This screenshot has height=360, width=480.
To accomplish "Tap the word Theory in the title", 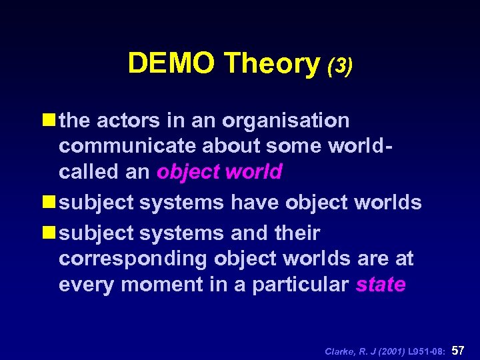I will tap(272, 63).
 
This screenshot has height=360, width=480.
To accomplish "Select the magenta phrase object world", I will tap(219, 171).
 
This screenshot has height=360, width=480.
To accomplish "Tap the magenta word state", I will tap(381, 285).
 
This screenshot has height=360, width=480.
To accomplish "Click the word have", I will tap(255, 202).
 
